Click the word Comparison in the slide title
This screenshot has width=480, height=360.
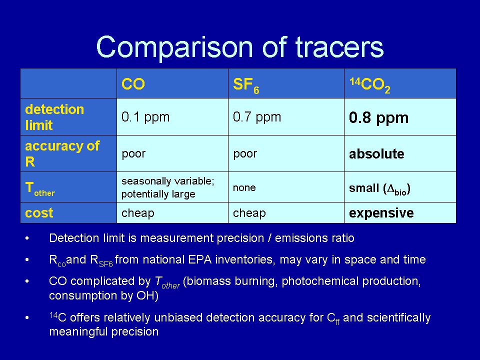pyautogui.click(x=174, y=47)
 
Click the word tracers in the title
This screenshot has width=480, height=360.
pyautogui.click(x=339, y=47)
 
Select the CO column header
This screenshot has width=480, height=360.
pyautogui.click(x=133, y=84)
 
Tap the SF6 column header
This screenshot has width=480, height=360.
pyautogui.click(x=246, y=85)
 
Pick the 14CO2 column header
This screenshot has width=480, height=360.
pyautogui.click(x=370, y=85)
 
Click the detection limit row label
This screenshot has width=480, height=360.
pyautogui.click(x=54, y=117)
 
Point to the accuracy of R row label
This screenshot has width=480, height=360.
pyautogui.click(x=62, y=153)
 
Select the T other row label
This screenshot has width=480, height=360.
pyautogui.click(x=40, y=189)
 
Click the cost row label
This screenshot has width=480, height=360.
pyautogui.click(x=39, y=213)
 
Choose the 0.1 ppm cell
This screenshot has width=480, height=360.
pyautogui.click(x=145, y=117)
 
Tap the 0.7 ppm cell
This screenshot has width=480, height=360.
pyautogui.click(x=257, y=117)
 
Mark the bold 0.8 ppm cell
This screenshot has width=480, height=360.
pyautogui.click(x=378, y=118)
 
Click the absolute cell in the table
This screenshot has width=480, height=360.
pyautogui.click(x=376, y=153)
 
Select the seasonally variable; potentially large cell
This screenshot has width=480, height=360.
pyautogui.click(x=168, y=187)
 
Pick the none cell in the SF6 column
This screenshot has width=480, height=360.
pyautogui.click(x=244, y=187)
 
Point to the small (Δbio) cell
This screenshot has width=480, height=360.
pyautogui.click(x=379, y=188)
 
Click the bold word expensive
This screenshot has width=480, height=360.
pyautogui.click(x=381, y=213)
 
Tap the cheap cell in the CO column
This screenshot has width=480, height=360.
pyautogui.click(x=138, y=213)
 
